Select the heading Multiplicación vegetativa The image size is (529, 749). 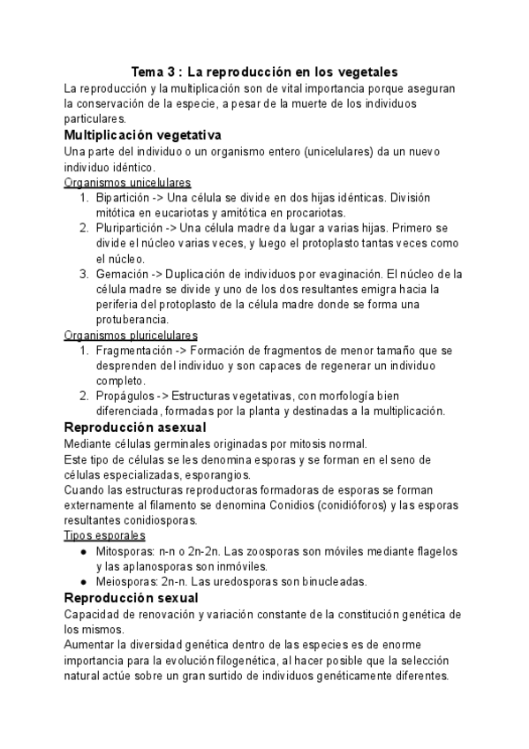point(142,135)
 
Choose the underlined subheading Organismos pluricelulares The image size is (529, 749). point(131,336)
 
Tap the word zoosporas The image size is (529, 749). point(284,551)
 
